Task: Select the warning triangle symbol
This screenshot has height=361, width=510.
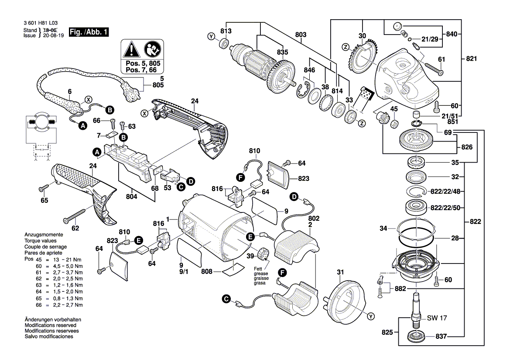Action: tap(130, 51)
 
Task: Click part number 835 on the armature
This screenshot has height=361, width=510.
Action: tap(283, 52)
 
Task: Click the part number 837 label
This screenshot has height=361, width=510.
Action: tap(439, 337)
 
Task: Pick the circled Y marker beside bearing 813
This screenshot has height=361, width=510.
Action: tap(212, 37)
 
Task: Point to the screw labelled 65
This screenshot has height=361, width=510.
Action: tap(44, 188)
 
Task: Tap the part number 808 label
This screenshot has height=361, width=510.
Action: tap(207, 272)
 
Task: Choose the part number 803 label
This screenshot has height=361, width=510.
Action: tap(301, 34)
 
